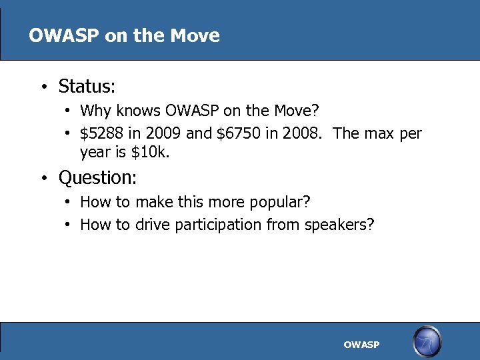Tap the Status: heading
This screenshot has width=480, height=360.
click(x=87, y=87)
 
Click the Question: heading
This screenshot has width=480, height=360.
click(x=97, y=178)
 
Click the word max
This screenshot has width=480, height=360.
click(x=380, y=133)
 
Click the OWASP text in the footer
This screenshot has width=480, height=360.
click(x=361, y=345)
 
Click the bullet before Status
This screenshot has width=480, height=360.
click(x=42, y=87)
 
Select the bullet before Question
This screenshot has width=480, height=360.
click(x=42, y=179)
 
